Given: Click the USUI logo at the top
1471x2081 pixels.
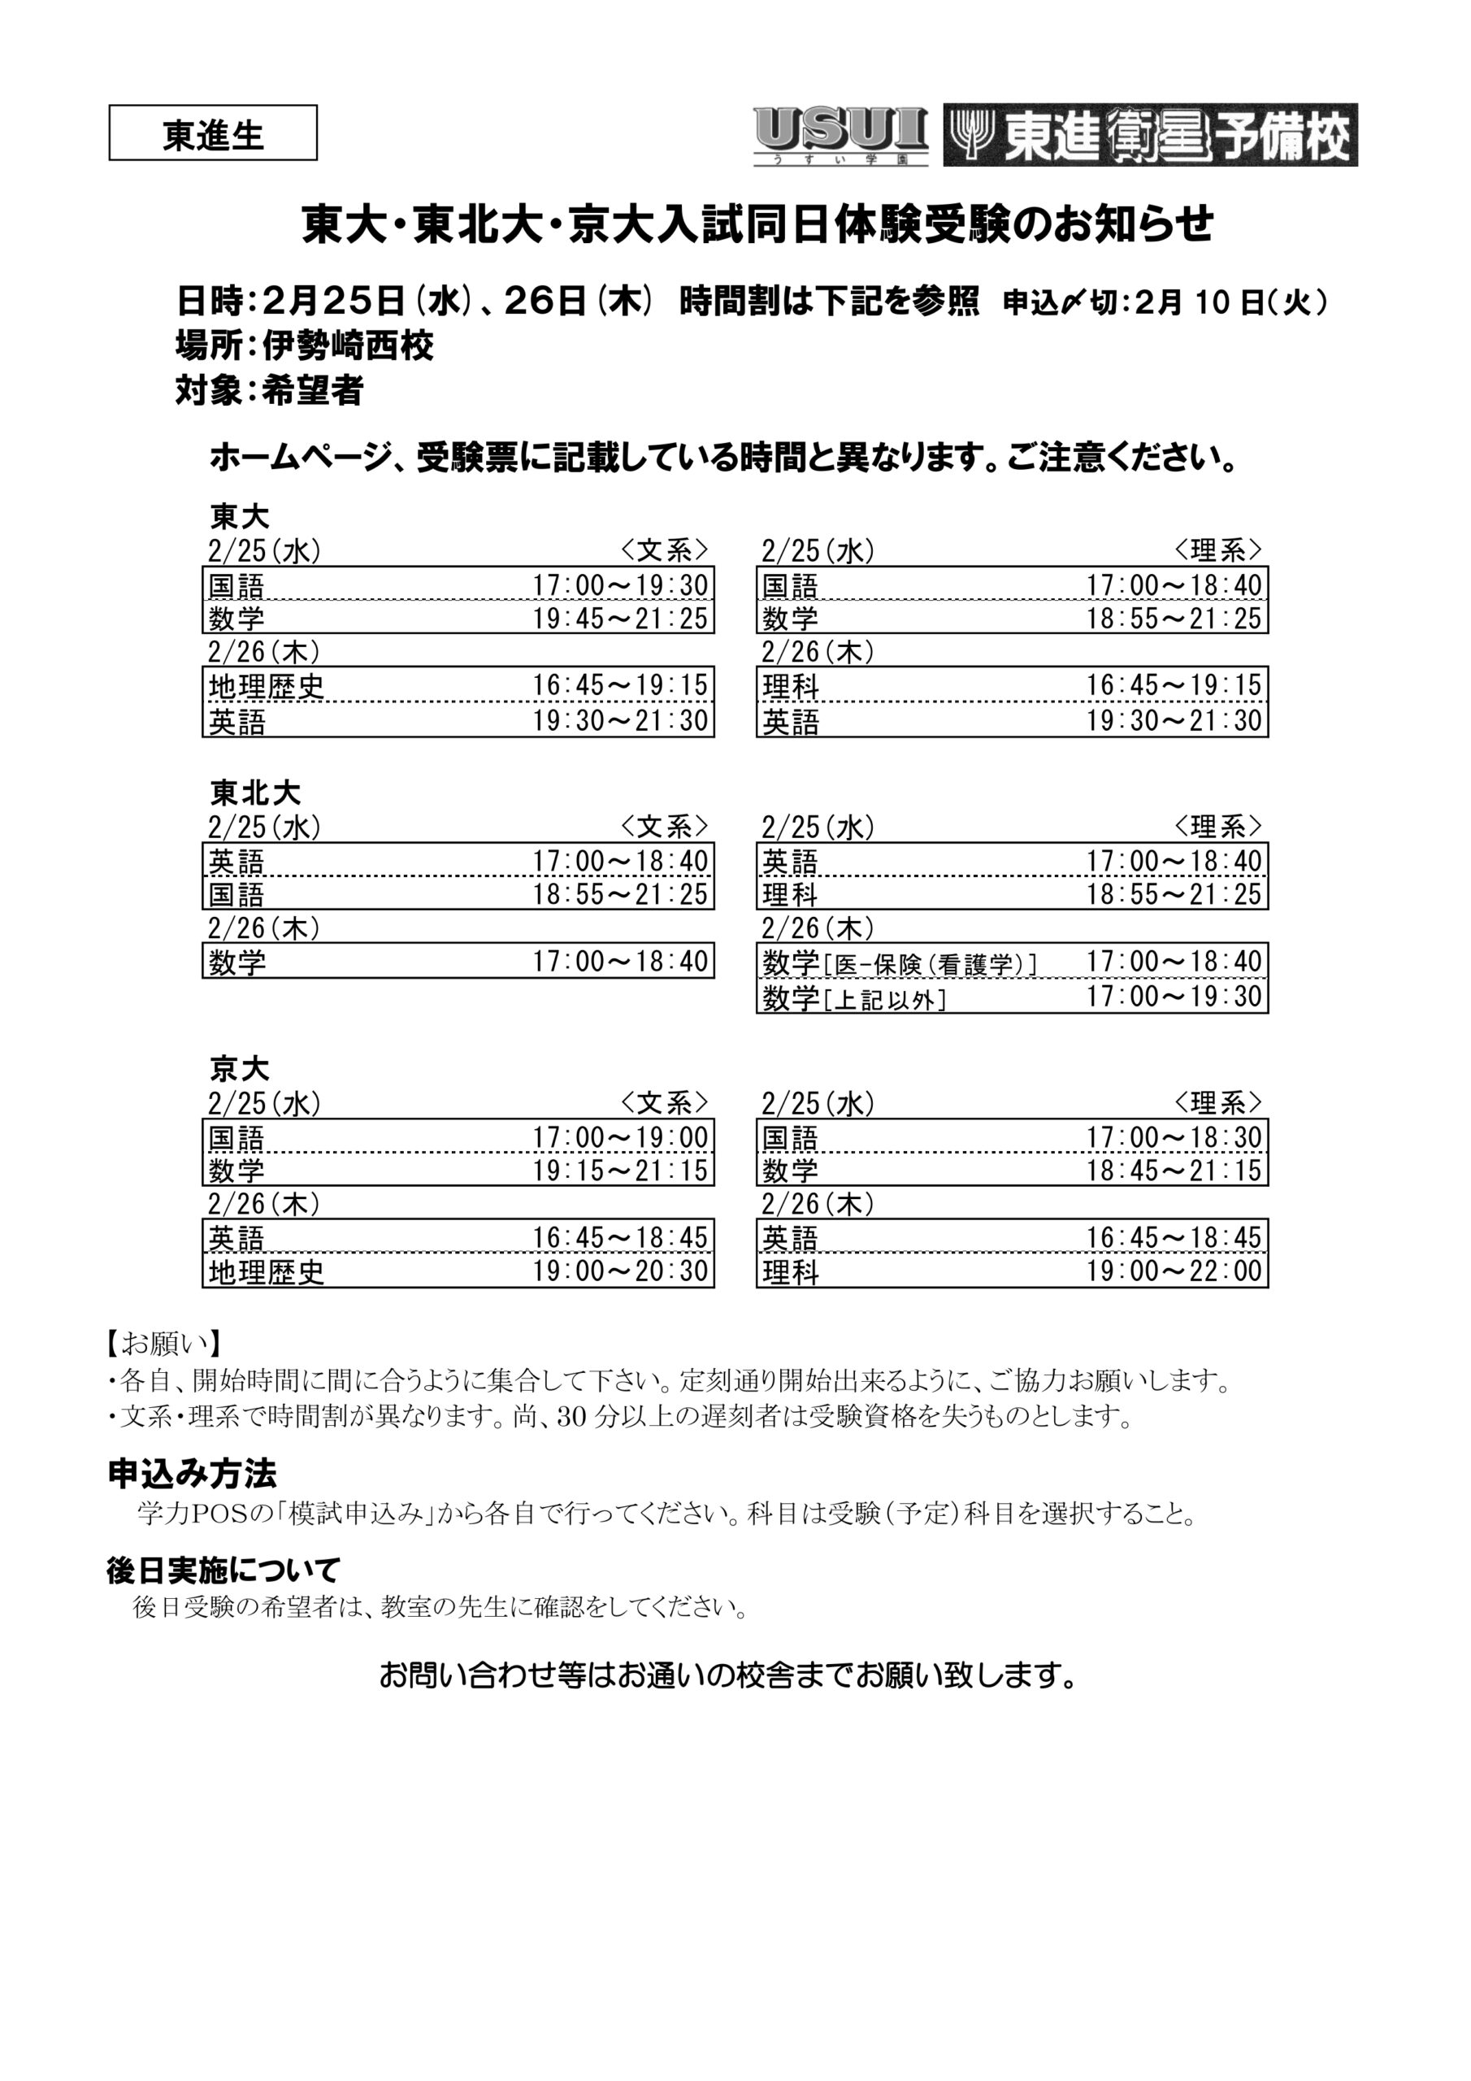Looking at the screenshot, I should pos(840,135).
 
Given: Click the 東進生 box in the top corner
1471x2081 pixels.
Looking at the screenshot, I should pos(213,134).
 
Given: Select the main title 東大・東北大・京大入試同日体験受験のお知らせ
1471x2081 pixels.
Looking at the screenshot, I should pos(757,226).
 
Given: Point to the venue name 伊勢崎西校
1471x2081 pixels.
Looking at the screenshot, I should pos(347,345).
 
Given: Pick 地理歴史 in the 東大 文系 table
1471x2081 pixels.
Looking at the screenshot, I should pos(267,686).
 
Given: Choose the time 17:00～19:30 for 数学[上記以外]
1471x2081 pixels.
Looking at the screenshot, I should pos(1174,996).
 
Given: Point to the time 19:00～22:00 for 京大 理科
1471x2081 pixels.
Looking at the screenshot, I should pos(1174,1271).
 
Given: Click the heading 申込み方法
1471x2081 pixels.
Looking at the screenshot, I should pos(192,1475).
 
